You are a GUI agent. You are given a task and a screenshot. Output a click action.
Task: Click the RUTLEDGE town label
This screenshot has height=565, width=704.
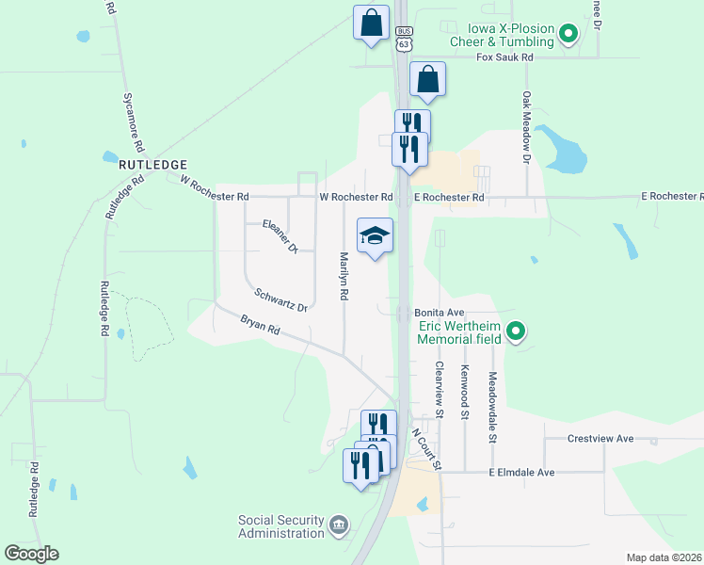(149, 163)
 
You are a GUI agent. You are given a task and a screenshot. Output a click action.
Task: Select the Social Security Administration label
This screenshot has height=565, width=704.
(281, 526)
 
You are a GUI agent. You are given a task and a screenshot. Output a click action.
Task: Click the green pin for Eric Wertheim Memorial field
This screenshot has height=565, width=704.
(515, 331)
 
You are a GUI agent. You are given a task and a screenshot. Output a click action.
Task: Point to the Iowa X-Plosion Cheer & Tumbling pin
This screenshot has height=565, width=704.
(568, 36)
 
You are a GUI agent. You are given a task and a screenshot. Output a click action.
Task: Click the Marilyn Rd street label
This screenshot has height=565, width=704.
(344, 276)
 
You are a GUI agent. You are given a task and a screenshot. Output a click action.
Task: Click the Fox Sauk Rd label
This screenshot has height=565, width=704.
(504, 57)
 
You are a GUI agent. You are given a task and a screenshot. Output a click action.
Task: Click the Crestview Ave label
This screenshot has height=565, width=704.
(600, 439)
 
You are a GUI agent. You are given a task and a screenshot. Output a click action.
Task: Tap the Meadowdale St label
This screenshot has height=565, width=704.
(492, 407)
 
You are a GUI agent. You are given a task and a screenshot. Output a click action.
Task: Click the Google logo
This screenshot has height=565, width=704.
(31, 554)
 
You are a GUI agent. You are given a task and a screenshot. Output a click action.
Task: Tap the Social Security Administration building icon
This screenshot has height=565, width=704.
(339, 524)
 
